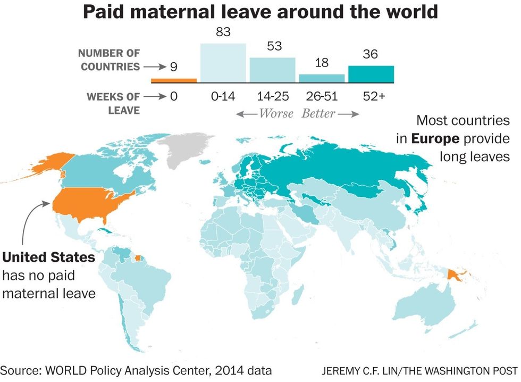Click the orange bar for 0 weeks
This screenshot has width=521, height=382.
[x=174, y=81]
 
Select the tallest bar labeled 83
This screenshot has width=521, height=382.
[x=223, y=63]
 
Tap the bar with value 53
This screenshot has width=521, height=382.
[x=273, y=70]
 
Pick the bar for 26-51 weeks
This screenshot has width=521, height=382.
[x=322, y=78]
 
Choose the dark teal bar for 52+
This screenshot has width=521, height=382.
[x=371, y=74]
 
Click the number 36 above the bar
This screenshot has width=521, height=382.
[x=371, y=55]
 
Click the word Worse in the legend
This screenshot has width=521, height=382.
[x=275, y=113]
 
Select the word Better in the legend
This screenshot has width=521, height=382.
[x=319, y=113]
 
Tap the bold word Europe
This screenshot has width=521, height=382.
[x=435, y=139]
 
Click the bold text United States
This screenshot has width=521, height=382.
[x=49, y=258]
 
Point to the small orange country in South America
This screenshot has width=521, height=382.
[x=140, y=260]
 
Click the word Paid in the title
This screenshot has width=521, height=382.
[x=103, y=12]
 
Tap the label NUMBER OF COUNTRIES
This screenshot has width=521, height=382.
[x=109, y=60]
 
